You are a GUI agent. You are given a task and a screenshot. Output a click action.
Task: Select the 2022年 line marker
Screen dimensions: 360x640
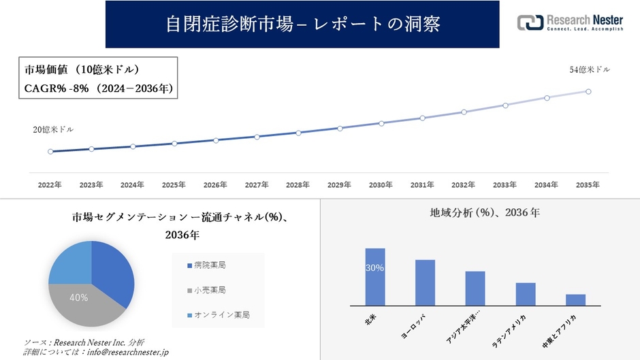click(50, 152)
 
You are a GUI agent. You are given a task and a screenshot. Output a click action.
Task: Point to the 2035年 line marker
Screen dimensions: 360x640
click(588, 91)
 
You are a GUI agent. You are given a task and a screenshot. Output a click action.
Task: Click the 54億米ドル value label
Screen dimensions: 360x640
click(590, 69)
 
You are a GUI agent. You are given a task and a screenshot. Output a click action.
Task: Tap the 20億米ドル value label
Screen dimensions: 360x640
click(53, 129)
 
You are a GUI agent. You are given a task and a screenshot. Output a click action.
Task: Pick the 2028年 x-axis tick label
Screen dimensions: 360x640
click(298, 185)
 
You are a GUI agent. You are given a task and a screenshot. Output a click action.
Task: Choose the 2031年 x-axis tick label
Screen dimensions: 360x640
click(422, 185)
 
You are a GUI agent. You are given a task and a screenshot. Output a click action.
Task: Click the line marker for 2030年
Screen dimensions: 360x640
click(381, 123)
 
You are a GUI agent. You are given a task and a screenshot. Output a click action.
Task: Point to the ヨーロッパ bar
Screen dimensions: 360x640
click(425, 282)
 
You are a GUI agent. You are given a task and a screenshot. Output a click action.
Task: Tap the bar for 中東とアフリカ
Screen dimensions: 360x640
click(575, 299)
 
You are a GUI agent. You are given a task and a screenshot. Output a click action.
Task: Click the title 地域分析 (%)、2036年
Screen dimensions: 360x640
click(485, 213)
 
